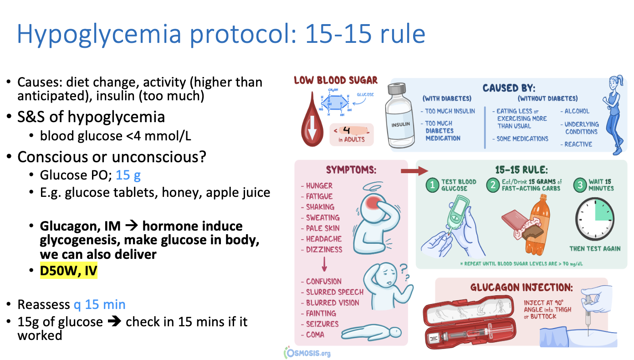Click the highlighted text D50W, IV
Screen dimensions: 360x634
coord(69,271)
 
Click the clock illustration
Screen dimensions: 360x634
coord(595,218)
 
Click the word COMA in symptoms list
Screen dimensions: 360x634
coord(315,334)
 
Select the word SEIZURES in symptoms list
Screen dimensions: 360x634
coord(322,324)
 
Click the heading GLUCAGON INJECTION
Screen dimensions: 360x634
coord(522,288)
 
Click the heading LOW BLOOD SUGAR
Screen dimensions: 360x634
coord(336,81)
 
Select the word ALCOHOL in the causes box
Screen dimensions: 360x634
coord(577,111)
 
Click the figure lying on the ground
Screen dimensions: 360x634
coord(371,332)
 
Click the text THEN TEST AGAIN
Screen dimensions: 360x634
coord(595,248)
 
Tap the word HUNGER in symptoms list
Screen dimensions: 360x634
coord(319,186)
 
